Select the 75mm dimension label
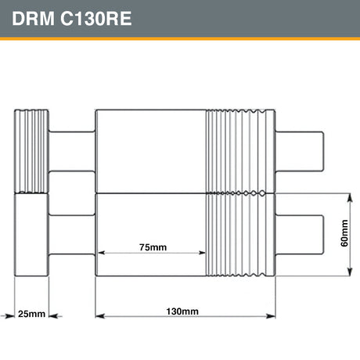(x=153, y=247)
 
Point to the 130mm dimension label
(x=182, y=311)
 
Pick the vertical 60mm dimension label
(x=344, y=232)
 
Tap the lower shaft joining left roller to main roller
(x=72, y=232)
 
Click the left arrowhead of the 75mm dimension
(x=99, y=253)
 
